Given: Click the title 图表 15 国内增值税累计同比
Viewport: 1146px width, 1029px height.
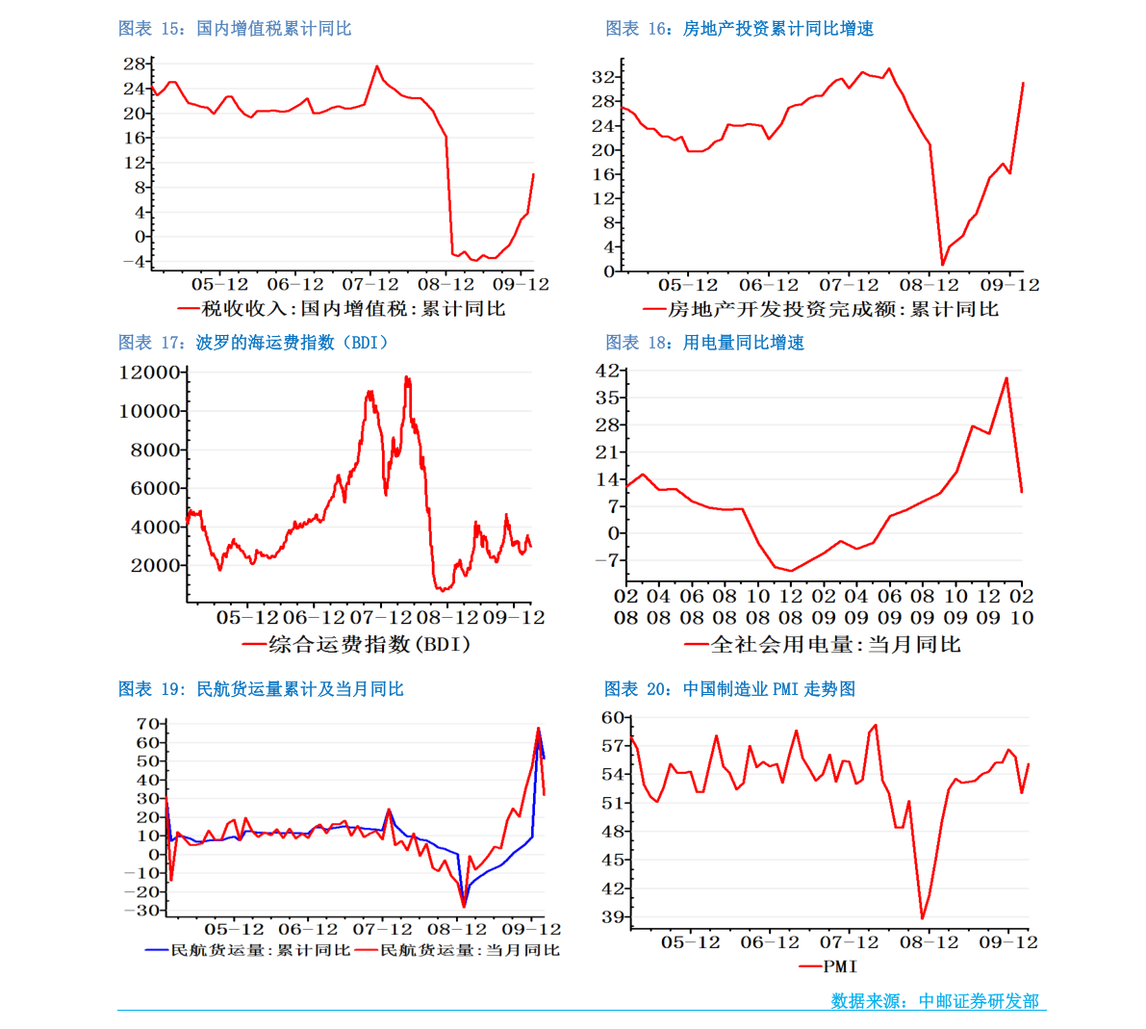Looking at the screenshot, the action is (235, 29).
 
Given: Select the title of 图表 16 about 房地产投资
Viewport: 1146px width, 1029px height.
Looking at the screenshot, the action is (740, 29).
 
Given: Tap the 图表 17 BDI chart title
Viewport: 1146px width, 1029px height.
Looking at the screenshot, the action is (254, 343).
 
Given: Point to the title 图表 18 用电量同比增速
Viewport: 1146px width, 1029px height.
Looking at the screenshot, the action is (704, 343).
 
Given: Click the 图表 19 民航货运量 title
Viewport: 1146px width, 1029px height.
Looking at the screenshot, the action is (261, 689).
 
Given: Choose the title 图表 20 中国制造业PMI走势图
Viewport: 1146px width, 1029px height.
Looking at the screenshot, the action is (729, 689).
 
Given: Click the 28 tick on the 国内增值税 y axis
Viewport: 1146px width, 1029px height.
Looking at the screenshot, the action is (134, 64).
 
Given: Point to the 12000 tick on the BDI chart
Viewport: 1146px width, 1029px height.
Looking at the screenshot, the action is (149, 373).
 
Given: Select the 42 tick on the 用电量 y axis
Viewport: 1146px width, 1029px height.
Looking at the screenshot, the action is (606, 370).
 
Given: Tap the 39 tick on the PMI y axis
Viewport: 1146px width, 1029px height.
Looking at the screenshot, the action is (613, 916).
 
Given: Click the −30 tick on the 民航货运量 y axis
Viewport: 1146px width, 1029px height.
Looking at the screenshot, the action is (141, 911).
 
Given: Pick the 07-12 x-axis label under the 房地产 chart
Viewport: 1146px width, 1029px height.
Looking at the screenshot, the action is (849, 285).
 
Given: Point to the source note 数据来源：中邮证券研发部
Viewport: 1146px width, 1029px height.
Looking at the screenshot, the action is (934, 1000).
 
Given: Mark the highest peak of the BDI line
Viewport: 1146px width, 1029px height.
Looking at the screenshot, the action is (406, 377).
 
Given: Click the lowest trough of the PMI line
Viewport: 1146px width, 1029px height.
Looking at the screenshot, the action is (923, 918).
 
